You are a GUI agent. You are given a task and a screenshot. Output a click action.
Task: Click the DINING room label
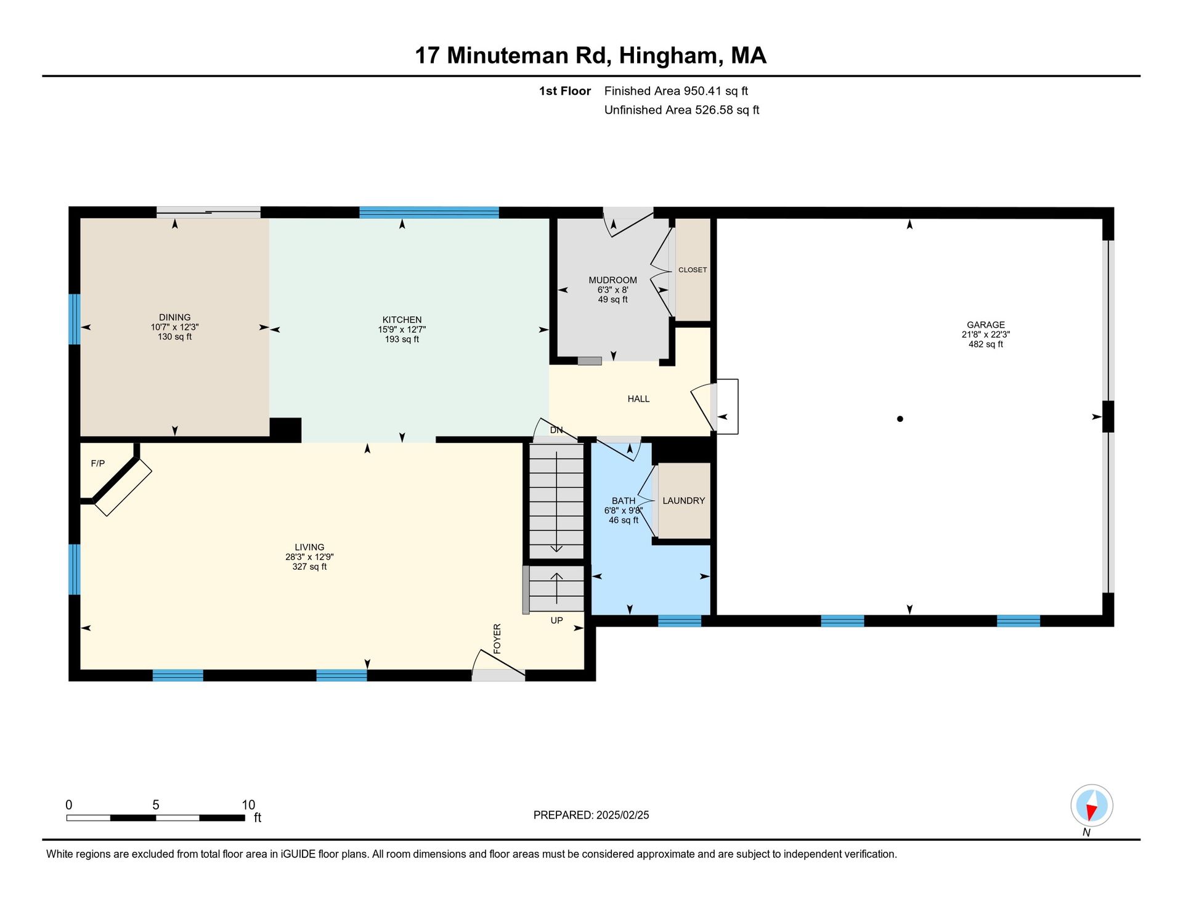[x=175, y=317]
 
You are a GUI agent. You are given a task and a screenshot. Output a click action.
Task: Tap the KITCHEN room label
[x=402, y=320]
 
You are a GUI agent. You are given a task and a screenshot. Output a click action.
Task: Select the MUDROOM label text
[x=612, y=280]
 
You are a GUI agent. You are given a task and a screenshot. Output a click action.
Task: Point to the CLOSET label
[x=693, y=270]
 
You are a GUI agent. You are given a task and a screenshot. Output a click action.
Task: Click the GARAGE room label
[x=986, y=325]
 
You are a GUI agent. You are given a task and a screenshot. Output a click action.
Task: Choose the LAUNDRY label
[x=684, y=501]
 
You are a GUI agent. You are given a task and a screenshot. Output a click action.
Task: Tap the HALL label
[x=638, y=399]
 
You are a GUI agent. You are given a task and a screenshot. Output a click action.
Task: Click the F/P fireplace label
[x=98, y=463]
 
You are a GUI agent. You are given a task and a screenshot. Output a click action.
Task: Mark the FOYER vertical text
[x=497, y=639]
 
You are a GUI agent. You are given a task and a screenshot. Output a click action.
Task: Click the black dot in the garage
[x=900, y=419]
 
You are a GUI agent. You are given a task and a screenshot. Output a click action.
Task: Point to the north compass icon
[x=1092, y=806]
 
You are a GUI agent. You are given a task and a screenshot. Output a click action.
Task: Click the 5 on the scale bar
[x=156, y=805]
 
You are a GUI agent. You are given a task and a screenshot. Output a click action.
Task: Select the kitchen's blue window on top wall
[x=429, y=212]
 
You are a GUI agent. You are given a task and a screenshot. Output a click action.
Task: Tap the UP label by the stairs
[x=556, y=621]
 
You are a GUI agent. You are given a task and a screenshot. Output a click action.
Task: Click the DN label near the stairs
[x=556, y=430]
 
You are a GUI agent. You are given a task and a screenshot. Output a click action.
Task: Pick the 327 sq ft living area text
[x=309, y=567]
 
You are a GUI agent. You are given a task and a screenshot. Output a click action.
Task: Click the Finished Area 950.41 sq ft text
[x=676, y=91]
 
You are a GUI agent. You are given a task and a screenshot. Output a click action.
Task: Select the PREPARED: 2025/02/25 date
[x=591, y=815]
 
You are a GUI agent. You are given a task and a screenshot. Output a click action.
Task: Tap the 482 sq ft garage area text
[x=986, y=344]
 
